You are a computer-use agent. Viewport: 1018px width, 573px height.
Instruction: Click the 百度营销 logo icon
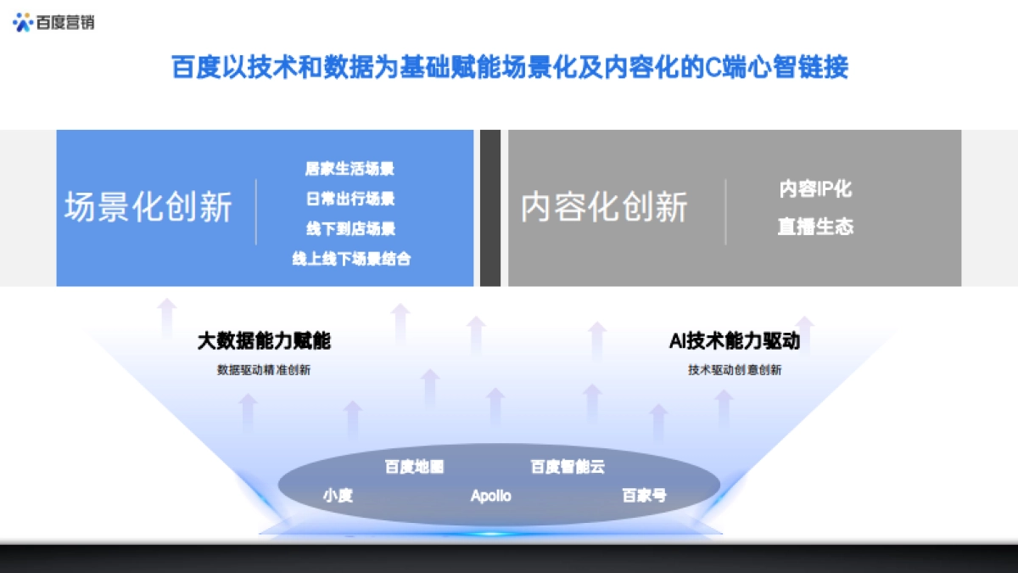click(23, 22)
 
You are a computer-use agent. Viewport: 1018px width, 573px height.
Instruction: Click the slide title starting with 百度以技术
click(510, 67)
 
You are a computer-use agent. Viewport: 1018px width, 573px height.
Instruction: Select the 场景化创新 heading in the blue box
click(148, 207)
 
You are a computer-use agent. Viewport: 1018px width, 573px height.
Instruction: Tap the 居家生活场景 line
click(350, 169)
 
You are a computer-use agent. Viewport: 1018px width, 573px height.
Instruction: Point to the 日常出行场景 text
click(350, 199)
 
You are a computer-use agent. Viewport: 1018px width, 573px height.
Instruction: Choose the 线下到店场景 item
click(350, 229)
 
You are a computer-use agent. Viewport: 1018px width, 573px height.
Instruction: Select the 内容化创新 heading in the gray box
click(604, 207)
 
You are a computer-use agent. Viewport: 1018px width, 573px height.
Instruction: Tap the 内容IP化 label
click(815, 188)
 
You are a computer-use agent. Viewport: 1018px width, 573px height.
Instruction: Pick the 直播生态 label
click(815, 227)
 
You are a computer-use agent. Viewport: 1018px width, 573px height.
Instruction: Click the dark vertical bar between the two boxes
click(490, 208)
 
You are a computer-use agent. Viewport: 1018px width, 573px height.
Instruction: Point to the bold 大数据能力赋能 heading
click(264, 341)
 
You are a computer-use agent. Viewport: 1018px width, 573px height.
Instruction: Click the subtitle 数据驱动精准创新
click(264, 370)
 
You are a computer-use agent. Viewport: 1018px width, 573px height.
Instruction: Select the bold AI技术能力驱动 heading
click(735, 341)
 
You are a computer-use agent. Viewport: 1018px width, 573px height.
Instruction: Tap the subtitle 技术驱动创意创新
click(735, 370)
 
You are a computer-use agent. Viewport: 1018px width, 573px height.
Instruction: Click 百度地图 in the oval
click(414, 467)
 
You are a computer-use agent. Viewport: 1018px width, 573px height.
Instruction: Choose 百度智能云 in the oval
click(568, 467)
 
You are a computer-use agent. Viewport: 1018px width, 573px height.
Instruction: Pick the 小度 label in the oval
click(338, 496)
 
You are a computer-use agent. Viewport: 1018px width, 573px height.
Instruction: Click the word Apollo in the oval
click(491, 496)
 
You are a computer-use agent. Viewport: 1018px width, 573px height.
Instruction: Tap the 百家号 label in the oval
click(644, 496)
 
